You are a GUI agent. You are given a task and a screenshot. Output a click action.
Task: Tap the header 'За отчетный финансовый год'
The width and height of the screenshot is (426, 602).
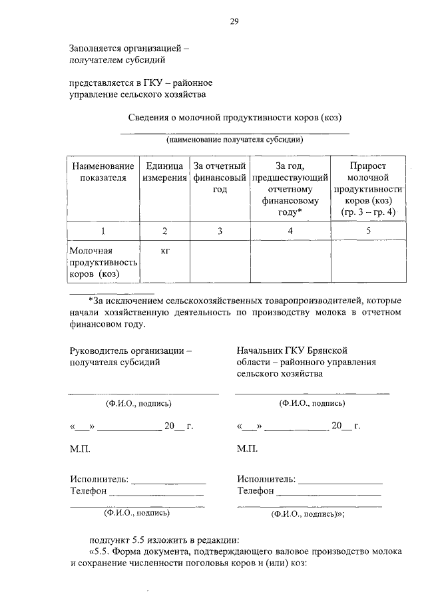[220, 178]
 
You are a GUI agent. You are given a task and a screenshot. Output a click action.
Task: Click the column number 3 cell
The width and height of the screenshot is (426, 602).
[220, 231]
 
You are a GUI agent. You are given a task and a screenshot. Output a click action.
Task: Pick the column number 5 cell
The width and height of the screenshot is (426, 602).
[367, 231]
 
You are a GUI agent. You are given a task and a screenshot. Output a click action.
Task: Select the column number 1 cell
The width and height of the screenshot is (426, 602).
[103, 231]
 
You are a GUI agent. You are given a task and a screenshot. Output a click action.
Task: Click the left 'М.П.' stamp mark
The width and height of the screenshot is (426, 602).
[80, 449]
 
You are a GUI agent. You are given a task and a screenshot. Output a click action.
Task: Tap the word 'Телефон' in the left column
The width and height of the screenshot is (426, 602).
[89, 491]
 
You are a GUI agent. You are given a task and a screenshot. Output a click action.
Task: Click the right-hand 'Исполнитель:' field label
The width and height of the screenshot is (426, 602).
[266, 479]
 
